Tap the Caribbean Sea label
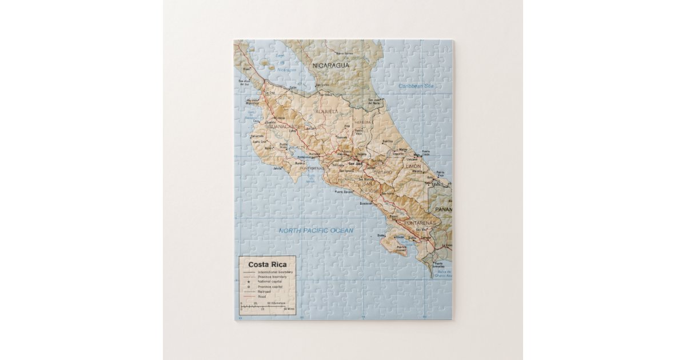[417, 86]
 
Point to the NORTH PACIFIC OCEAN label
[316, 231]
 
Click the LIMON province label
[413, 166]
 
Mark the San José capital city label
[355, 163]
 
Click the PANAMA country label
[444, 210]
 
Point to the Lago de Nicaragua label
[280, 63]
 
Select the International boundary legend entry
[276, 273]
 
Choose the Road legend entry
[261, 297]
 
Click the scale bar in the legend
[263, 307]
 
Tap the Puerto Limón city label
[425, 153]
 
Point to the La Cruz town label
[269, 93]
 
